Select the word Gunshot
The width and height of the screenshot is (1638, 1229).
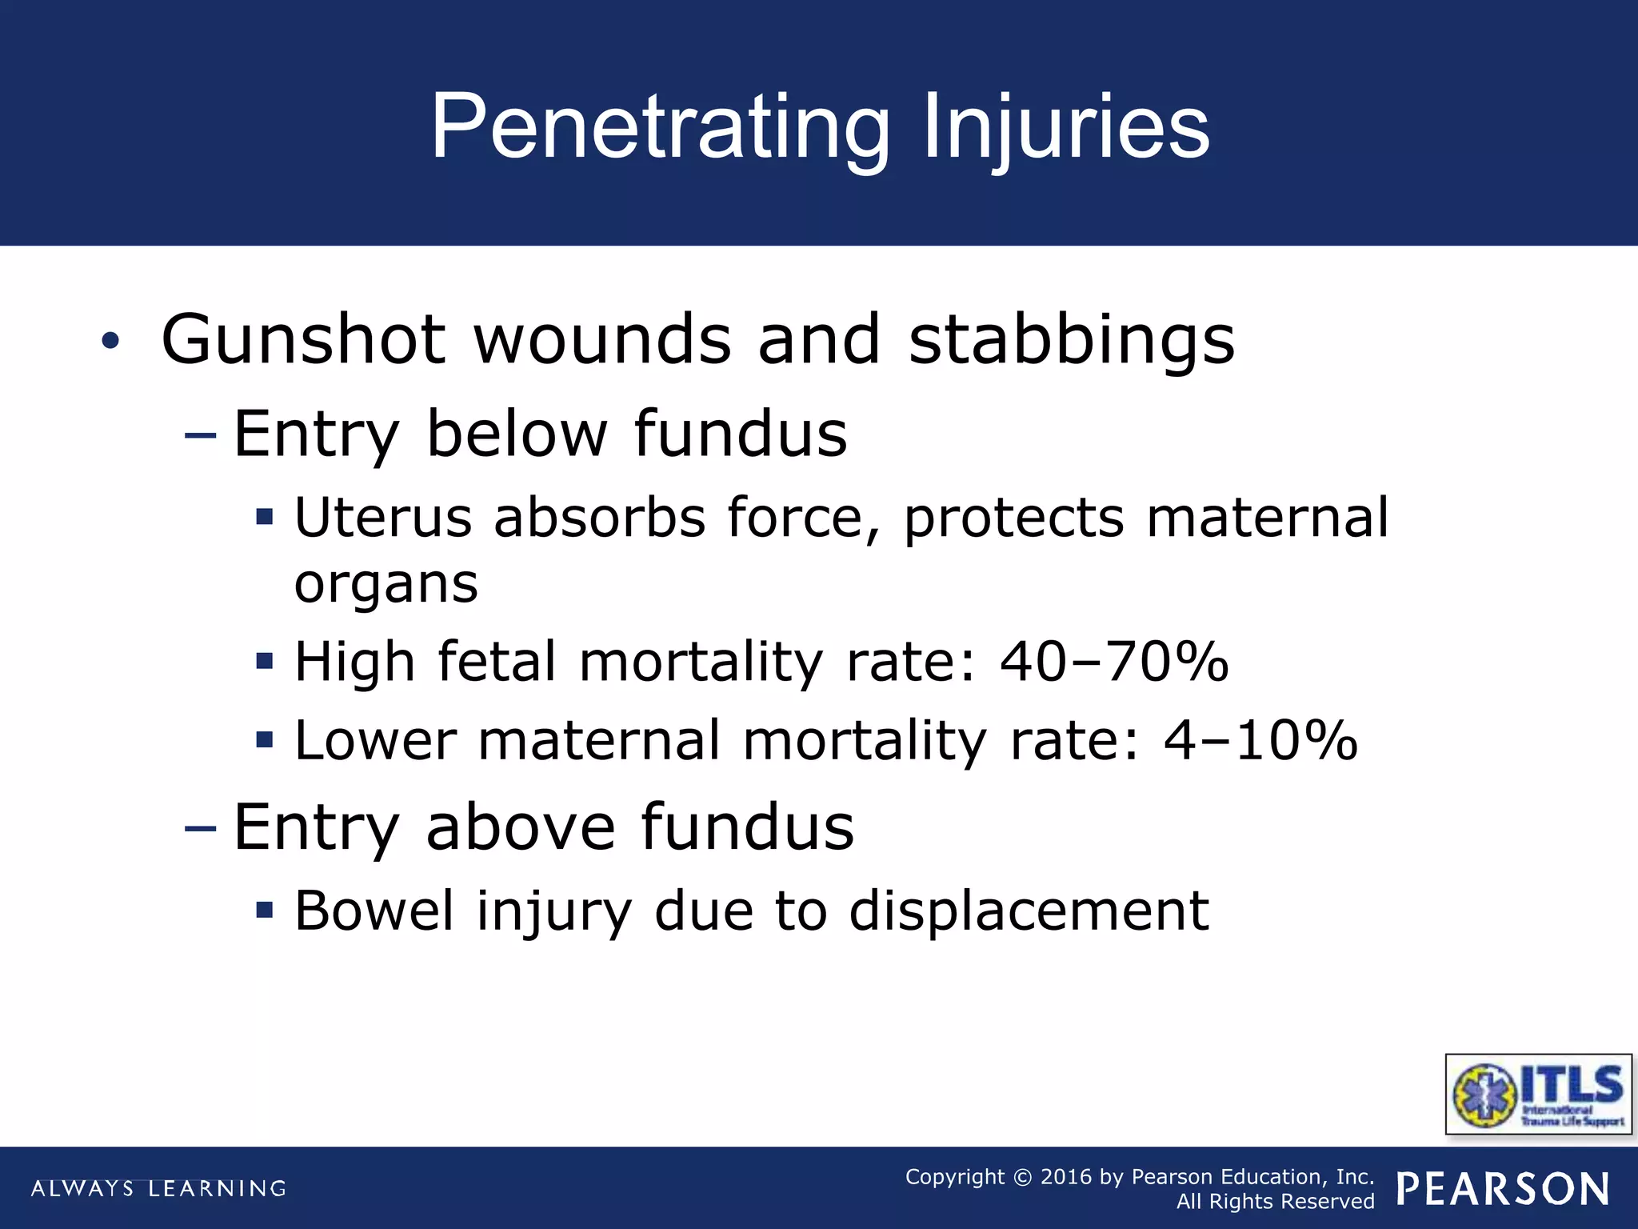[x=303, y=340]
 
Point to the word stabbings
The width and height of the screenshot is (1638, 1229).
[x=1072, y=340]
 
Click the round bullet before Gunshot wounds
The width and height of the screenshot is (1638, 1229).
[x=110, y=342]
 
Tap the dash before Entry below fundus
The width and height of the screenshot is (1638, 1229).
[x=200, y=436]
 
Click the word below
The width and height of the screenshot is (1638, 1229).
[x=517, y=434]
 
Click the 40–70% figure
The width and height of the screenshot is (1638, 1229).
[x=1113, y=662]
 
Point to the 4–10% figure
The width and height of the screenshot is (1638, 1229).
[x=1260, y=740]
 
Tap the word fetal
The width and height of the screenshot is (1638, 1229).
[x=497, y=662]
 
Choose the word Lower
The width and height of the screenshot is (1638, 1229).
[x=376, y=740]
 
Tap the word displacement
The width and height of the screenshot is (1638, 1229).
[x=1029, y=911]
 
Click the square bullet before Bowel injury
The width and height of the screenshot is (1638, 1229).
[x=265, y=911]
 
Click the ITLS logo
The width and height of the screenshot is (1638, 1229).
[x=1539, y=1094]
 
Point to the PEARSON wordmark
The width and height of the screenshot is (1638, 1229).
[x=1503, y=1188]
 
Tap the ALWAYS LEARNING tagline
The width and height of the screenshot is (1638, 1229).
[x=158, y=1188]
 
